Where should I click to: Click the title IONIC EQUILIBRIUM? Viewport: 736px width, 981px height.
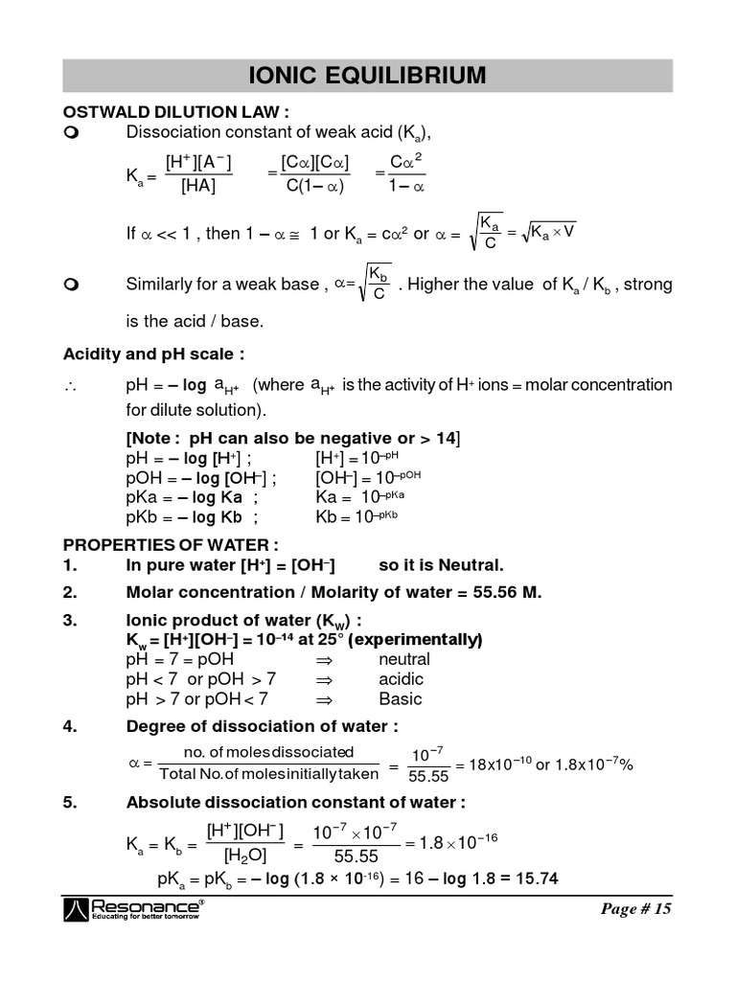point(367,75)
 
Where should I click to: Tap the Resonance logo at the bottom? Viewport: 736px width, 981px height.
point(133,909)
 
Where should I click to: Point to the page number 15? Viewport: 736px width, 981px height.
point(637,909)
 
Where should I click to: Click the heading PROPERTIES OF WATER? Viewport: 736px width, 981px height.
point(171,544)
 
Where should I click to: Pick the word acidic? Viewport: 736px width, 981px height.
point(401,679)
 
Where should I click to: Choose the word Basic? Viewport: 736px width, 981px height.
point(400,699)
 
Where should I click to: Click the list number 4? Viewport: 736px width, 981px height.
point(69,726)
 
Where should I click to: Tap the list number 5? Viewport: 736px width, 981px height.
point(69,803)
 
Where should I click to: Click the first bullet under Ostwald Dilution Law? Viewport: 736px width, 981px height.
point(70,131)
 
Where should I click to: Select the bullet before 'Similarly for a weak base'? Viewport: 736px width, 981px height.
point(70,285)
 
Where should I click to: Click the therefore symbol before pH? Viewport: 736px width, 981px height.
point(69,386)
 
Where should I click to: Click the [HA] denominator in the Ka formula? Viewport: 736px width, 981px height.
point(197,187)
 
